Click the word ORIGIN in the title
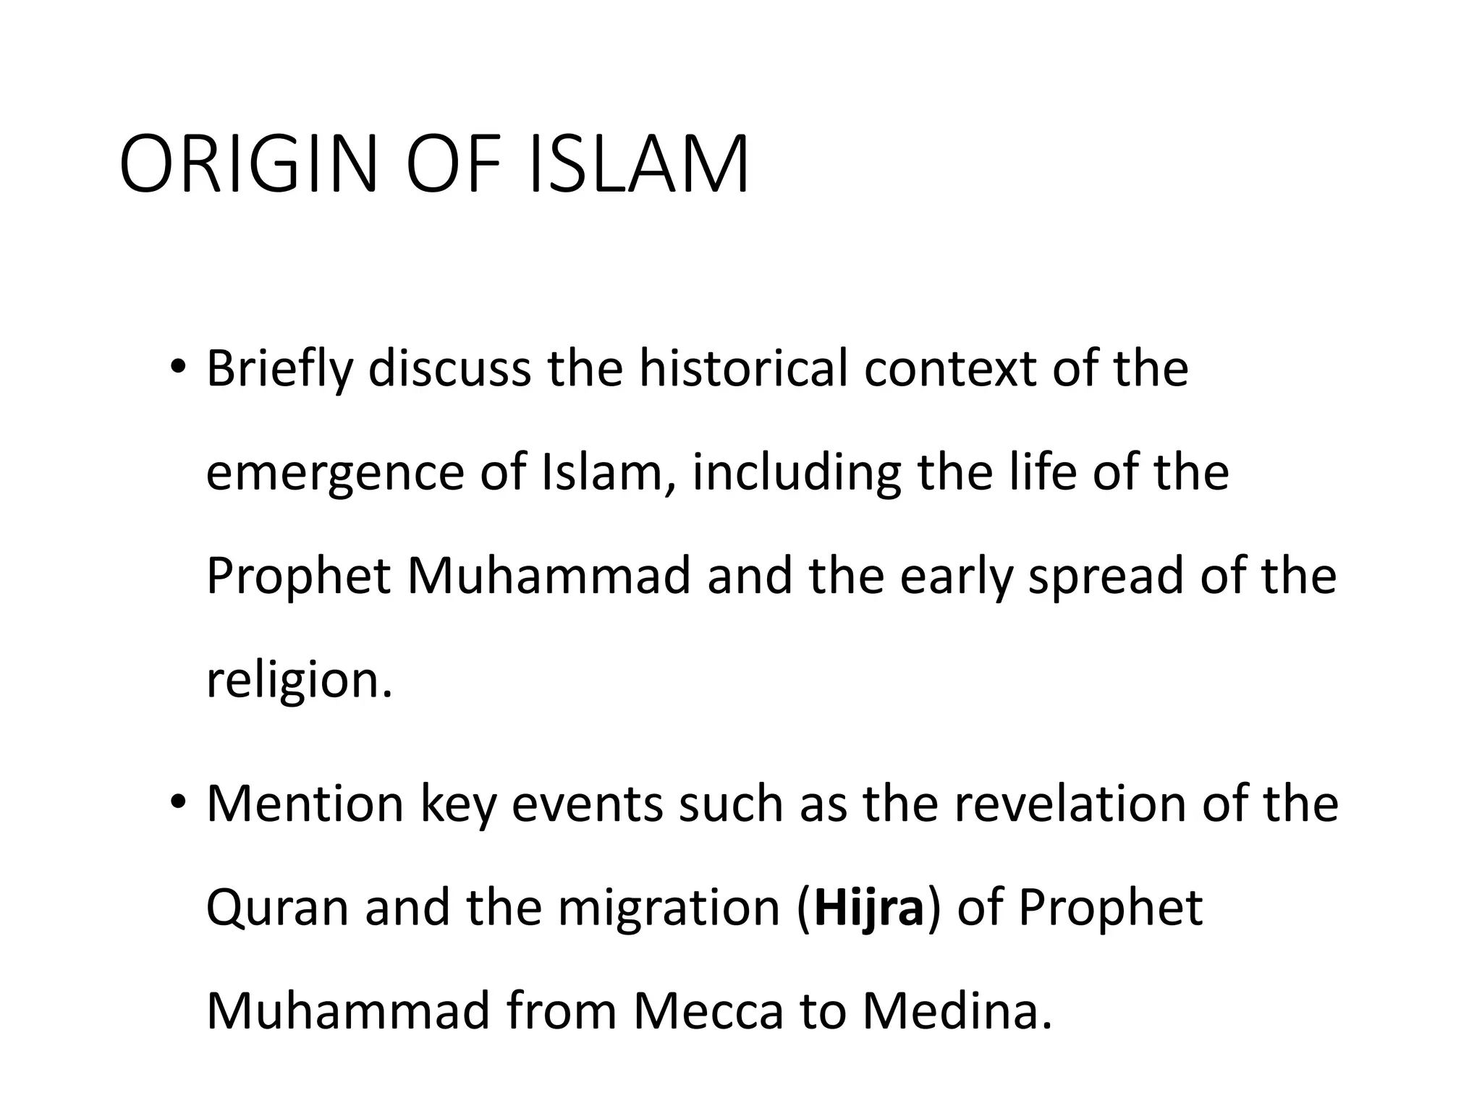pos(248,164)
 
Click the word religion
pos(298,682)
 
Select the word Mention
pos(305,804)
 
